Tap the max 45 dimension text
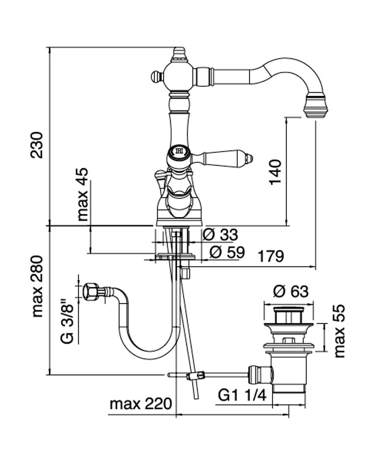[x=83, y=194]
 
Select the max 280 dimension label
[x=37, y=286]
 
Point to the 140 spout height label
[x=275, y=172]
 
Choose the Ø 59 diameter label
[x=227, y=252]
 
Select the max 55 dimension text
[x=340, y=331]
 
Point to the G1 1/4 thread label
[x=242, y=396]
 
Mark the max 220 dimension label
[x=141, y=404]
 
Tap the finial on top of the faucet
[x=179, y=54]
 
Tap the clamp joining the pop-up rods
[x=196, y=375]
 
